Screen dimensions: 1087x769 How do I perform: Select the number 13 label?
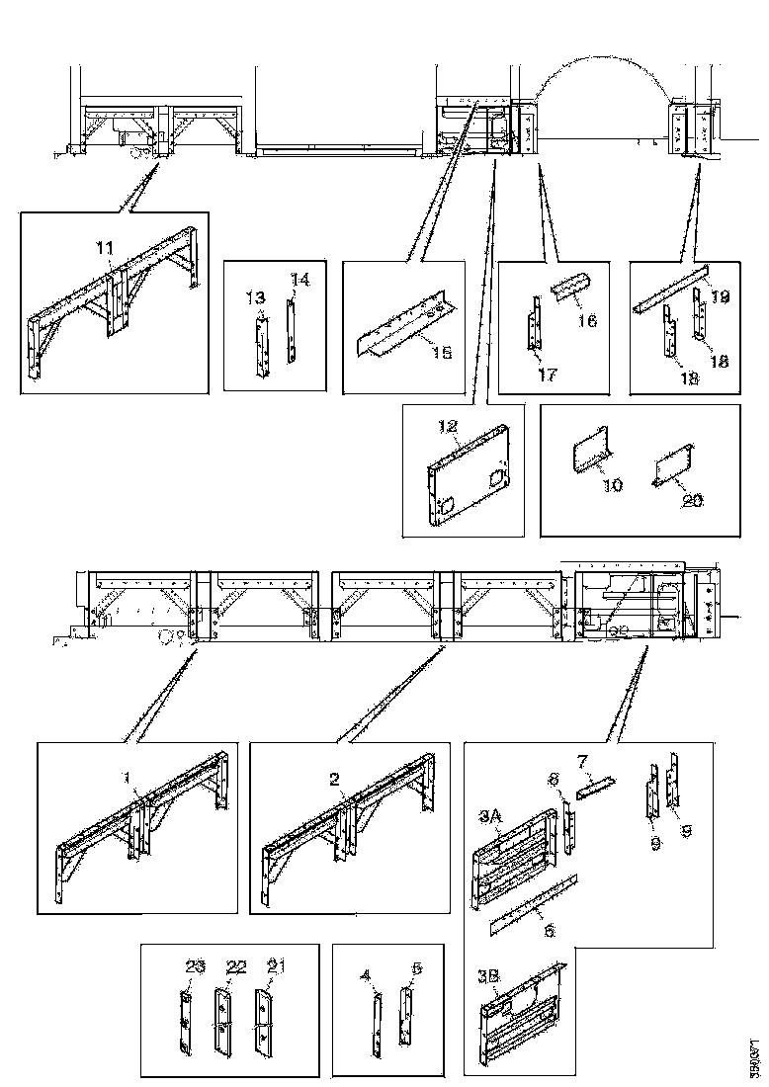[x=255, y=297]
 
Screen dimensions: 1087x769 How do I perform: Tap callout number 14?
[x=299, y=280]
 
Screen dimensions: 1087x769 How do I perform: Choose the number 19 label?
[x=720, y=296]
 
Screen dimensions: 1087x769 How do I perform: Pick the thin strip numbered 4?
[x=377, y=1018]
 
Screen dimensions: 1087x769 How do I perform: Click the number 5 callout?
[x=416, y=970]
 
